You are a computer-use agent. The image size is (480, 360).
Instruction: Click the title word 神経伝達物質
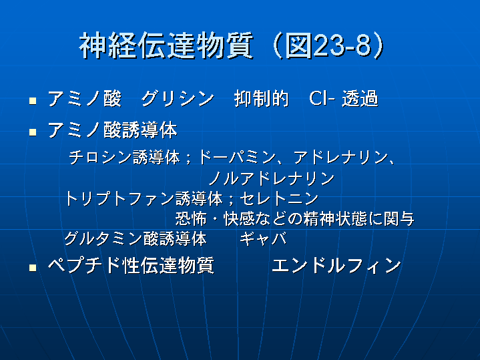point(166,46)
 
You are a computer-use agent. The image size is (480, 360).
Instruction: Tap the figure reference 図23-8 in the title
point(328,46)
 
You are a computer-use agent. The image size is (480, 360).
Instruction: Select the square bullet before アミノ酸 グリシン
point(33,101)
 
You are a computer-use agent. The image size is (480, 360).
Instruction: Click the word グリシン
point(177,99)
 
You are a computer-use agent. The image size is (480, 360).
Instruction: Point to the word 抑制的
point(262,99)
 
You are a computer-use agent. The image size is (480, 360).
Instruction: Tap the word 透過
point(360,99)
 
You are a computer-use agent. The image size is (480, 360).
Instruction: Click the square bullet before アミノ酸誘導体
point(33,132)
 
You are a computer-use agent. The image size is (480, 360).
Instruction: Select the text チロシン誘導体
point(124,157)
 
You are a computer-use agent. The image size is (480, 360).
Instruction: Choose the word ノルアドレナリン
point(272,178)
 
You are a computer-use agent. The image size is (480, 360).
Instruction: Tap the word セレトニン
point(279,198)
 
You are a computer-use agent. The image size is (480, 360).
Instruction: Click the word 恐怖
point(191,219)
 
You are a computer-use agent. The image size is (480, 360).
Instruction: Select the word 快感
point(239,219)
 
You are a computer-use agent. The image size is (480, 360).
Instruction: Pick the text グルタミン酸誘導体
point(136,238)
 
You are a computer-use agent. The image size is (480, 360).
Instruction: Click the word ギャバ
point(263,238)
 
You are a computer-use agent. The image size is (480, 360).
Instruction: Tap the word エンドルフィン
point(336,265)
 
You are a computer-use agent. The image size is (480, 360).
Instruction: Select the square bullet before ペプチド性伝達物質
point(33,268)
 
